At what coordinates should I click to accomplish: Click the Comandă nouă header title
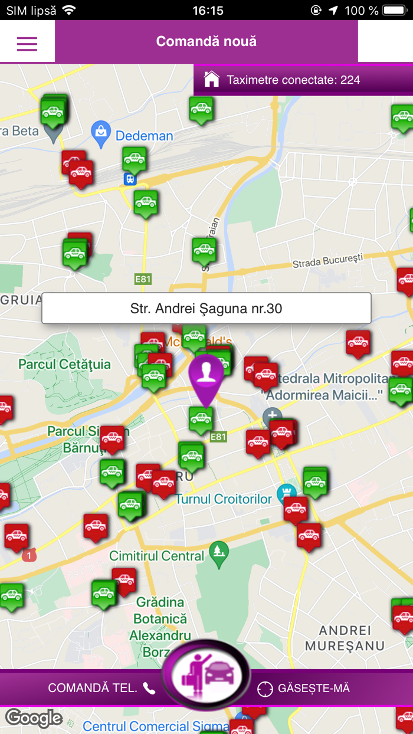click(x=206, y=42)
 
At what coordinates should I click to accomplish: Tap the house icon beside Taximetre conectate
click(x=211, y=80)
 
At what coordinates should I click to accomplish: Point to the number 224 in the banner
click(x=350, y=80)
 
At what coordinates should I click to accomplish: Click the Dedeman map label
click(x=145, y=136)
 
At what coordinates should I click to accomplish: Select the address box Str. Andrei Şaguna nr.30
click(x=206, y=309)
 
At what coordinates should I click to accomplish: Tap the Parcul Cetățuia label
click(x=64, y=364)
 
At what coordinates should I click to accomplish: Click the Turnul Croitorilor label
click(x=224, y=499)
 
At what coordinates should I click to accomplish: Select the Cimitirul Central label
click(x=157, y=556)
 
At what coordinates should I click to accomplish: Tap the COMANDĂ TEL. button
click(x=101, y=688)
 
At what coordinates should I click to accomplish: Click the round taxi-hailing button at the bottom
click(x=206, y=674)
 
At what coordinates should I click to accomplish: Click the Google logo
click(x=34, y=718)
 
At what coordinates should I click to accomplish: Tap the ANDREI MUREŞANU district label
click(x=345, y=638)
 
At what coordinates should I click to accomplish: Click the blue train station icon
click(x=130, y=179)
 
